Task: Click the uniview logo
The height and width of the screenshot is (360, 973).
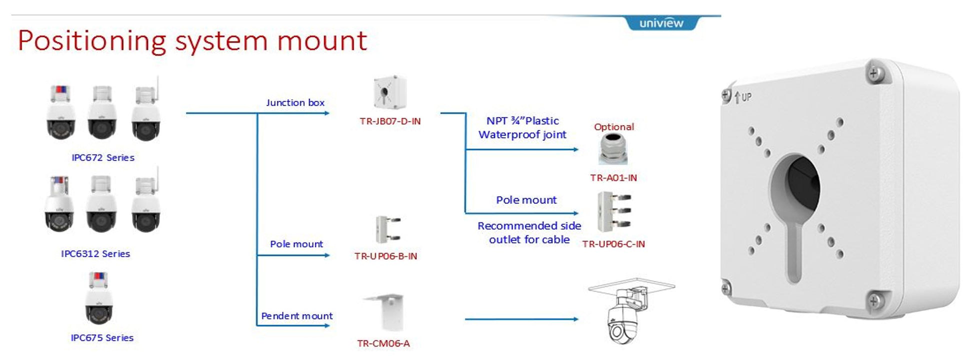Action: click(661, 23)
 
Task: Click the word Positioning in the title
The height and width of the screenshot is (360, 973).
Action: click(92, 41)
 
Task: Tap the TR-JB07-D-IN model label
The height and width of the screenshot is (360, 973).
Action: click(390, 121)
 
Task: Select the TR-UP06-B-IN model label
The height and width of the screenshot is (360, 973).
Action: click(385, 256)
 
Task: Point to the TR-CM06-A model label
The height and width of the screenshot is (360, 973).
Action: click(383, 343)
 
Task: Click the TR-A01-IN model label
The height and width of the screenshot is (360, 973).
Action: click(613, 177)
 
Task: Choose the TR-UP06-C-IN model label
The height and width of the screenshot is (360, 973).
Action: click(613, 244)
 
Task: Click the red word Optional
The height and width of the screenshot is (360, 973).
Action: click(614, 127)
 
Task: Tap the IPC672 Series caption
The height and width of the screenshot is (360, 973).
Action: click(103, 157)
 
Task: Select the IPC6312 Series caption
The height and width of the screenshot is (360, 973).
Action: click(95, 253)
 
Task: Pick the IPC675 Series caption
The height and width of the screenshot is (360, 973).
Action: click(102, 337)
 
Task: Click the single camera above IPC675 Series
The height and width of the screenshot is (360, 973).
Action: click(99, 298)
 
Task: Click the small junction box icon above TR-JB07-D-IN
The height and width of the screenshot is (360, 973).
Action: click(390, 92)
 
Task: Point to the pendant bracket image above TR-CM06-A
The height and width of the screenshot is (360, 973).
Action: click(384, 312)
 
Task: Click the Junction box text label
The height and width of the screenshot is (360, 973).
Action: click(295, 102)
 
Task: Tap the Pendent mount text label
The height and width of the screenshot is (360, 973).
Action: click(297, 316)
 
